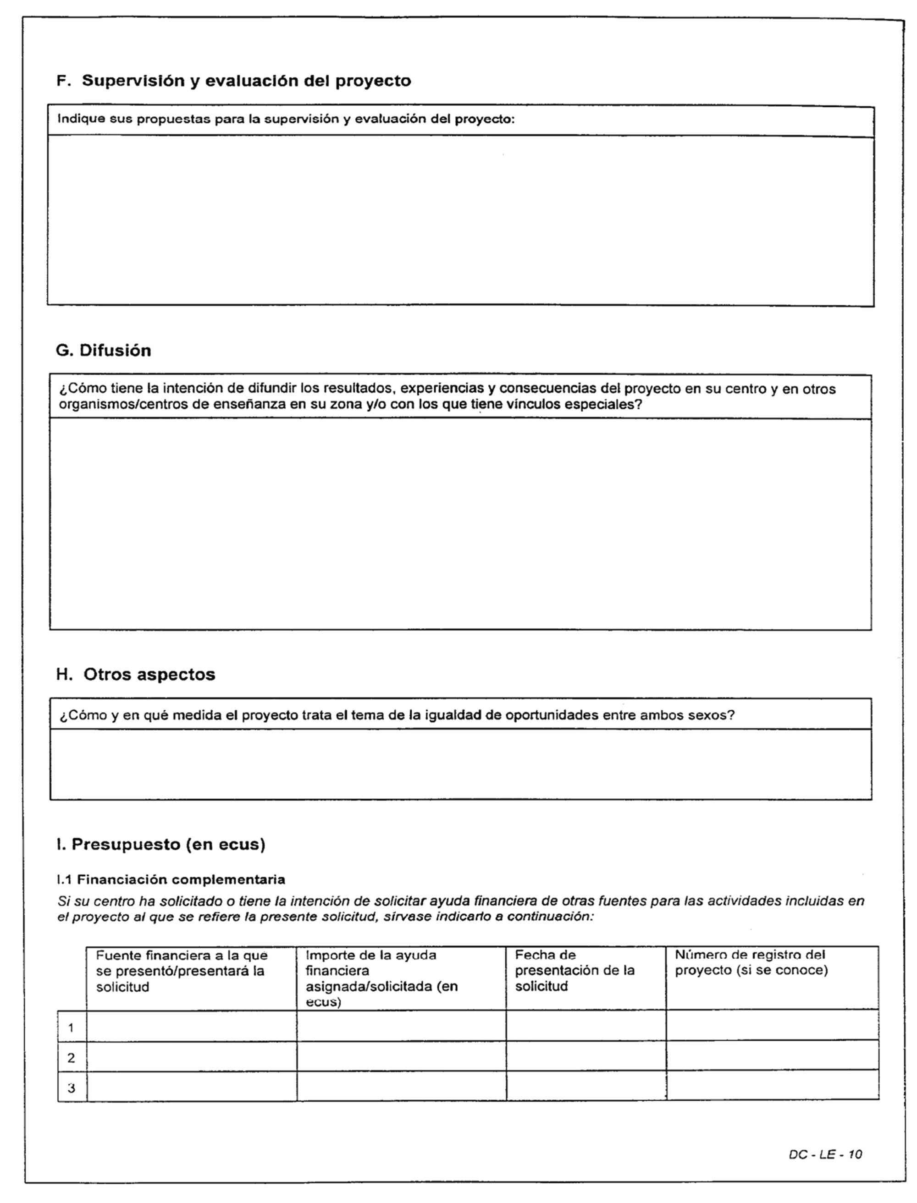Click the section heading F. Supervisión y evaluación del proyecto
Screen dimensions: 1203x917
(x=234, y=81)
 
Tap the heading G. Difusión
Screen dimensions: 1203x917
(x=103, y=350)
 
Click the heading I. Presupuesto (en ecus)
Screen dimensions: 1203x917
(x=160, y=844)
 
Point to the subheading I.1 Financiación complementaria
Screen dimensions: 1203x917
(x=171, y=879)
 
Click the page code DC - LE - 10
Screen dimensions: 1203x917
(x=825, y=1154)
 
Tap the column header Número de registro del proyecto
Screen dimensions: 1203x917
(x=751, y=963)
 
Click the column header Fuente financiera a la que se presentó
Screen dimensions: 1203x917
(x=181, y=971)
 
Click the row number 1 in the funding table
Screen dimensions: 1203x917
(x=71, y=1028)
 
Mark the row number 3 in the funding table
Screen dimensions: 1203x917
(x=71, y=1088)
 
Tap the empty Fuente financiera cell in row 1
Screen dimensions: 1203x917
(x=191, y=1026)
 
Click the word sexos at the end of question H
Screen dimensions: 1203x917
(x=714, y=715)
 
